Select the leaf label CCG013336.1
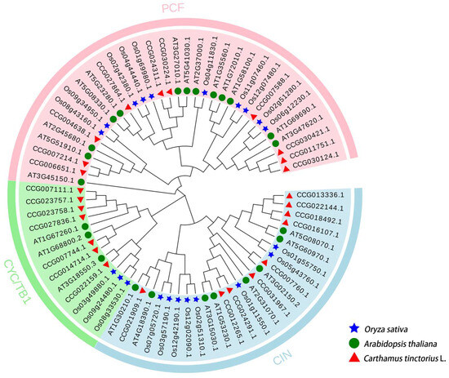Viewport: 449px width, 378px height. tap(317, 195)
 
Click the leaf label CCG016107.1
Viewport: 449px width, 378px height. tap(313, 232)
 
